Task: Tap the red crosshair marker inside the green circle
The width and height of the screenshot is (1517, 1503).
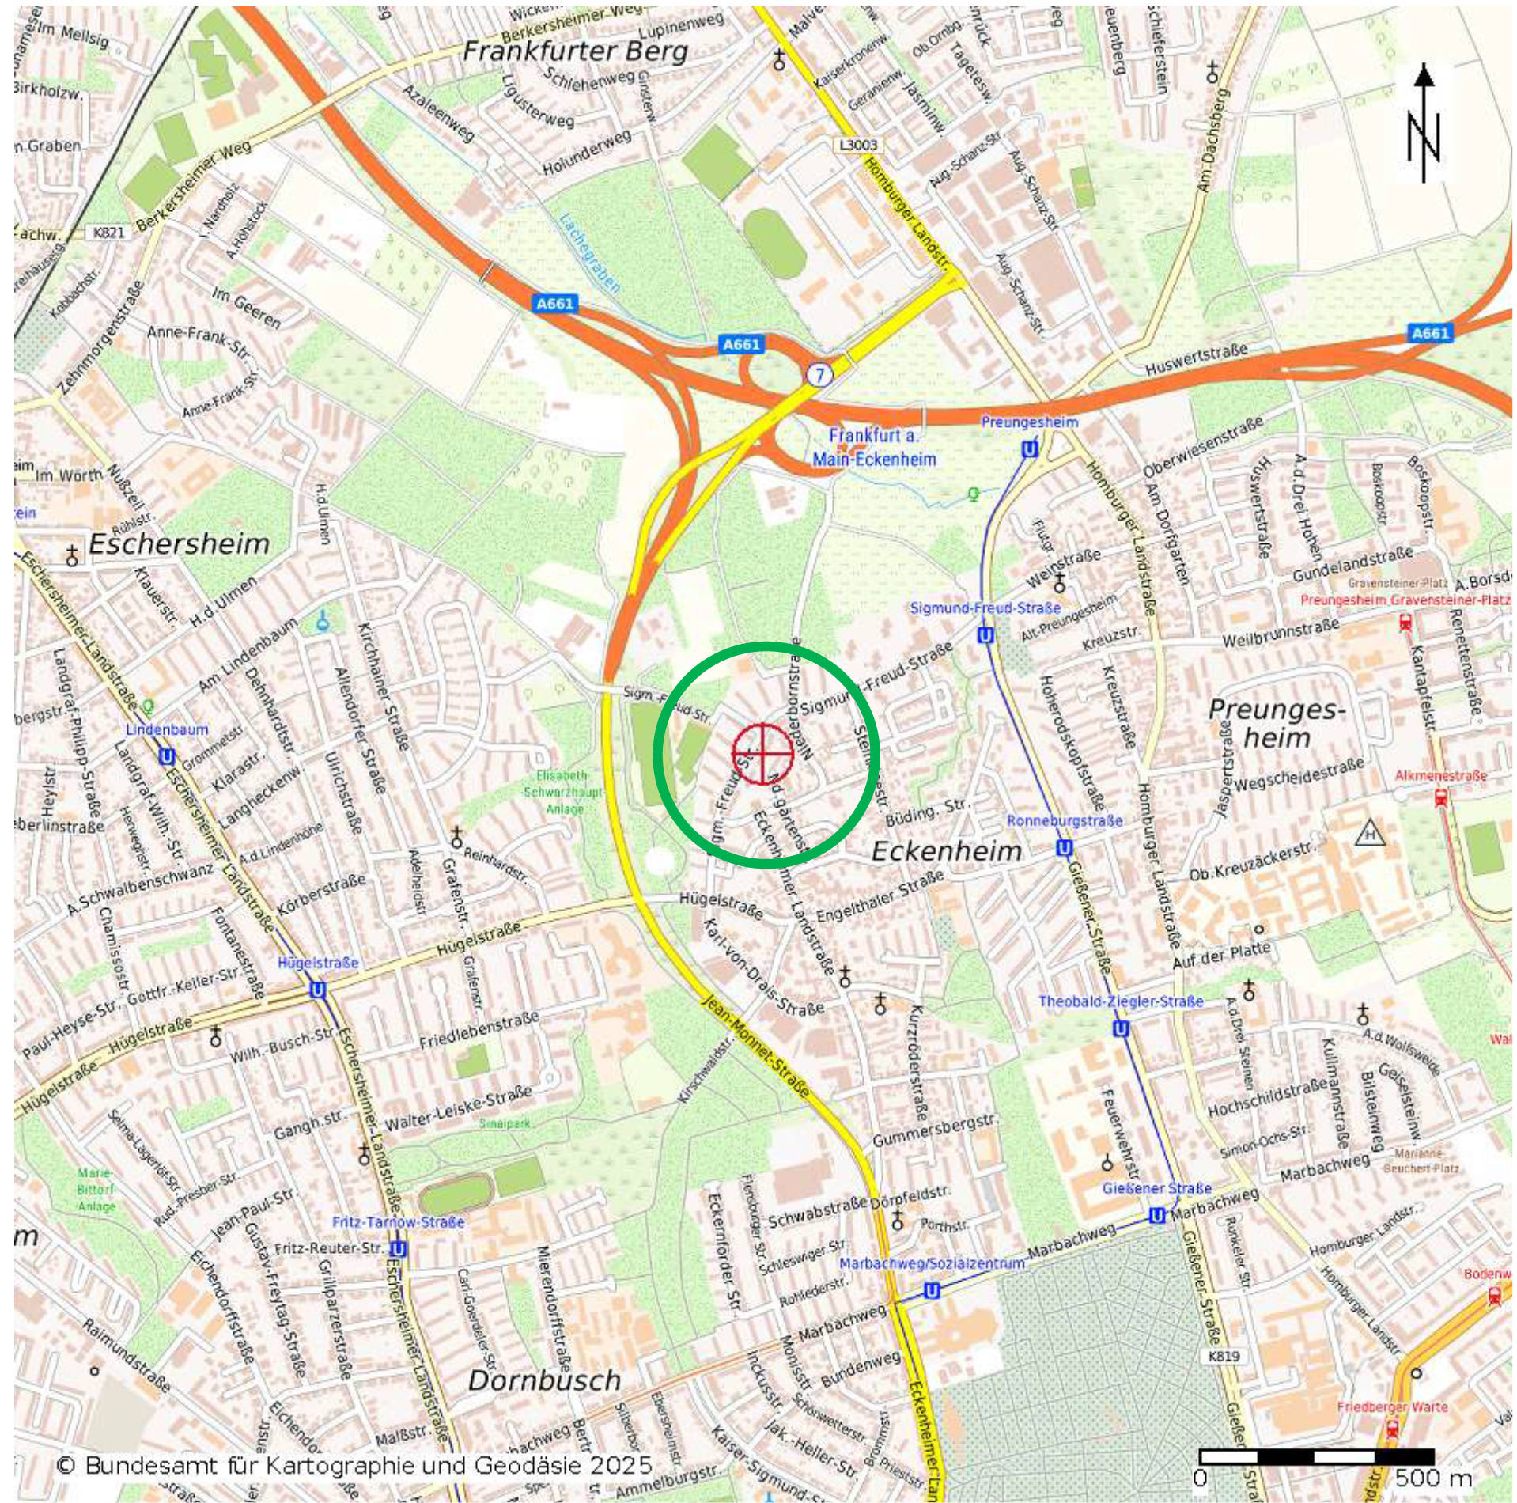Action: (x=762, y=753)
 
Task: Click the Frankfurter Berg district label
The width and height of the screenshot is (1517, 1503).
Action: (x=575, y=52)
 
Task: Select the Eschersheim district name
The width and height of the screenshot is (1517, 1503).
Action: (x=179, y=544)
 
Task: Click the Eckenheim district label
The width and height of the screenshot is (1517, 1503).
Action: (x=946, y=851)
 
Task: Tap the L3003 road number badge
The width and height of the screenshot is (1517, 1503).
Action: (x=859, y=146)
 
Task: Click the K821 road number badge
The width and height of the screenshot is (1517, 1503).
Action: (x=108, y=233)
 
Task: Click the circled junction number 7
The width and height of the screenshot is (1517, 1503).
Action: (x=820, y=374)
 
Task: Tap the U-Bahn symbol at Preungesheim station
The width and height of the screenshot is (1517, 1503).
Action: (x=1029, y=449)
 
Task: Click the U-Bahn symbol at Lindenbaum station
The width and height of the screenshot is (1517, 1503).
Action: (x=166, y=757)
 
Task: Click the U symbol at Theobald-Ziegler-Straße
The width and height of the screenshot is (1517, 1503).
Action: (x=1120, y=1028)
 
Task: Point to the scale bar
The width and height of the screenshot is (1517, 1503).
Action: (x=1316, y=1456)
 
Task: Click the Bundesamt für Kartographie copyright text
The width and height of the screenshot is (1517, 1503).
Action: (x=355, y=1465)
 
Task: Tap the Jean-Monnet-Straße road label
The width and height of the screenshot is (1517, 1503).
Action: (x=756, y=1048)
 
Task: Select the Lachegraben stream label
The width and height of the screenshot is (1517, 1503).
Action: (x=589, y=253)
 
